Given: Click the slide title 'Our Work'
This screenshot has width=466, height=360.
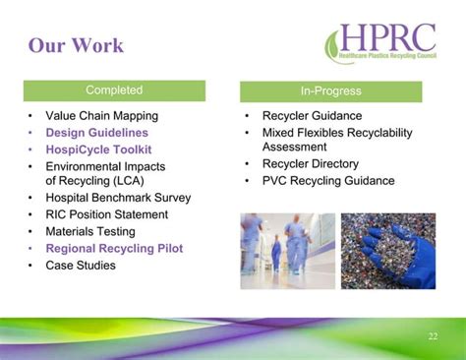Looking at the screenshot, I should pos(76,45).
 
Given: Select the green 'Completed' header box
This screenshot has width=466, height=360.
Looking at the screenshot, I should pos(114,90).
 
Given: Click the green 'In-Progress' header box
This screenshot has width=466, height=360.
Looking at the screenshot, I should pos(330,91).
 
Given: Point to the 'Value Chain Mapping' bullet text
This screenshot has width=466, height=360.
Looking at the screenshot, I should pos(101,116).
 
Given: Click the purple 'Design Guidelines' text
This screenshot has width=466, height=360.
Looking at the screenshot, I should pos(96,133).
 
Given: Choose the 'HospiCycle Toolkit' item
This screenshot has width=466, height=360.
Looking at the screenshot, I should pos(98,150).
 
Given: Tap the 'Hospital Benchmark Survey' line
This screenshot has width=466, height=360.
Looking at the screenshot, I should pos(118,198).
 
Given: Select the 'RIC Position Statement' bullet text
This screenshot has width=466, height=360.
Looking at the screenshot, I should pos(106,214).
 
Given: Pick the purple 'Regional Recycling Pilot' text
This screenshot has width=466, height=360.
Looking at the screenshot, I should pos(114,248).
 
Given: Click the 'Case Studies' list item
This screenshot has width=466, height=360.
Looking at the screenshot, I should pos(81,265).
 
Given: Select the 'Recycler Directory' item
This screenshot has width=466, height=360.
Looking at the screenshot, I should pos(310,164).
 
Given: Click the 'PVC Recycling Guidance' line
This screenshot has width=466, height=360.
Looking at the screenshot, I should pos(327,181).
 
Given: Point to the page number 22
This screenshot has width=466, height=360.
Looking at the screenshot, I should pos(433,337).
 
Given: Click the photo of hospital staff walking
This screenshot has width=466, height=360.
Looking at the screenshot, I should pos(287,251).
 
